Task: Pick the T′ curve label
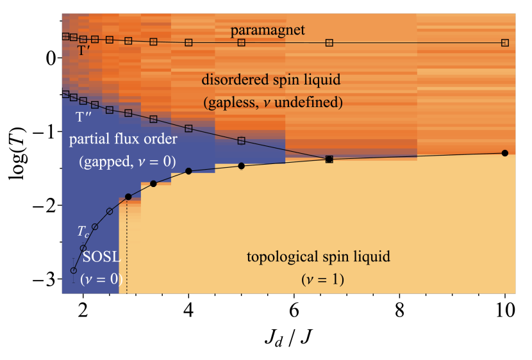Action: click(x=85, y=49)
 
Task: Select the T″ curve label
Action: click(x=84, y=117)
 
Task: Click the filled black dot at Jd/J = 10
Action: click(x=505, y=153)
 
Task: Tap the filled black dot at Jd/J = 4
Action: click(x=188, y=171)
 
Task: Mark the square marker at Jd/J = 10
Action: click(x=505, y=43)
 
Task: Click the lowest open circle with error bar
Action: click(x=73, y=270)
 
